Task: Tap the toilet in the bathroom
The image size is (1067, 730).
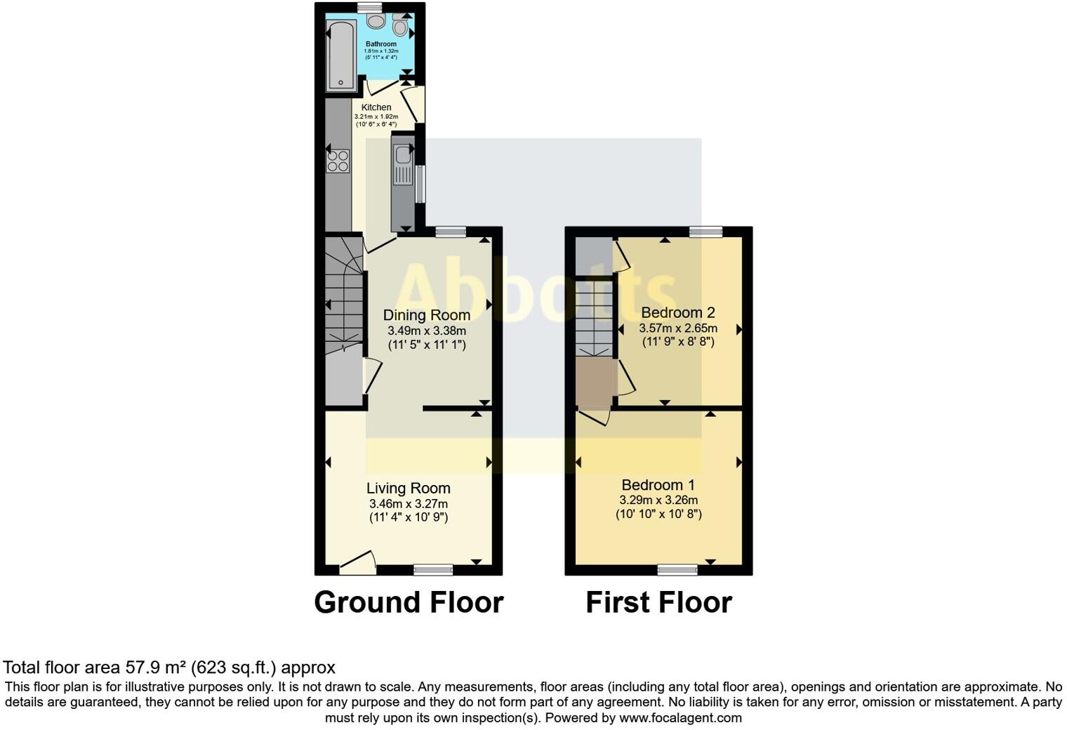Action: click(400, 27)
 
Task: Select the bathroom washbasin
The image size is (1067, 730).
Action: click(376, 22)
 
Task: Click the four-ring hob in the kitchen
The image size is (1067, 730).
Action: click(338, 161)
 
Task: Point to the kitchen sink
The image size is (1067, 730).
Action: click(403, 154)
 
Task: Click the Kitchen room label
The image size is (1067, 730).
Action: click(376, 107)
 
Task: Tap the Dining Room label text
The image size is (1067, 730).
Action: click(426, 315)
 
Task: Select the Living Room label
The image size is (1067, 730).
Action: click(408, 488)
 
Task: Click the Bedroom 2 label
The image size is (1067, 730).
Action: click(677, 312)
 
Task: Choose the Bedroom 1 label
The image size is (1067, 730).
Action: click(658, 485)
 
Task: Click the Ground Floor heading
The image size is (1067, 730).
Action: click(409, 602)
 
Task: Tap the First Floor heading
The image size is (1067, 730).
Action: click(658, 602)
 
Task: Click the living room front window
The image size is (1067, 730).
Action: click(433, 569)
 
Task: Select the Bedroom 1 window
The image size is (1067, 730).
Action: click(677, 569)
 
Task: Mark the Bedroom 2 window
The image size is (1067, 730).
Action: click(705, 232)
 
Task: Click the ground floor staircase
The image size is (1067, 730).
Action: click(343, 295)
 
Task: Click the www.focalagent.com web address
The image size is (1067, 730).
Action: click(680, 717)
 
